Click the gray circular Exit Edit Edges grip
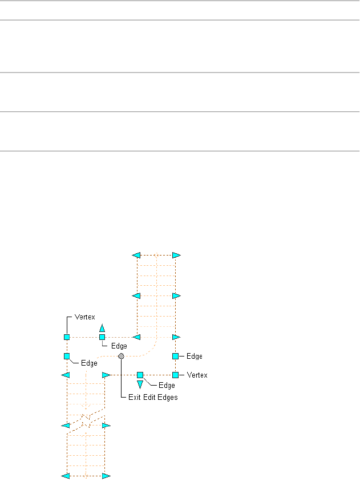point(121,356)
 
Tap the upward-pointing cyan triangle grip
point(102,328)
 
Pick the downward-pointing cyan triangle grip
point(140,384)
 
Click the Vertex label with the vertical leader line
point(84,316)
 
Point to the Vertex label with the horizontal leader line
point(197,375)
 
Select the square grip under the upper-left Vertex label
point(67,337)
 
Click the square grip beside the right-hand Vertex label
point(176,375)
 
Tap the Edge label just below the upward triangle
point(119,346)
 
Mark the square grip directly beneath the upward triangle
point(102,337)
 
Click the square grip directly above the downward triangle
point(140,375)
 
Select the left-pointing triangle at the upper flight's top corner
point(136,255)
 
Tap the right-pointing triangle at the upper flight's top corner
point(176,255)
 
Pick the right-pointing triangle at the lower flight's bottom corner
point(106,475)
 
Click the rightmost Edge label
point(195,356)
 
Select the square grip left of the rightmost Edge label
point(176,356)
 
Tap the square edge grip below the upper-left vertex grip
point(67,356)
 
